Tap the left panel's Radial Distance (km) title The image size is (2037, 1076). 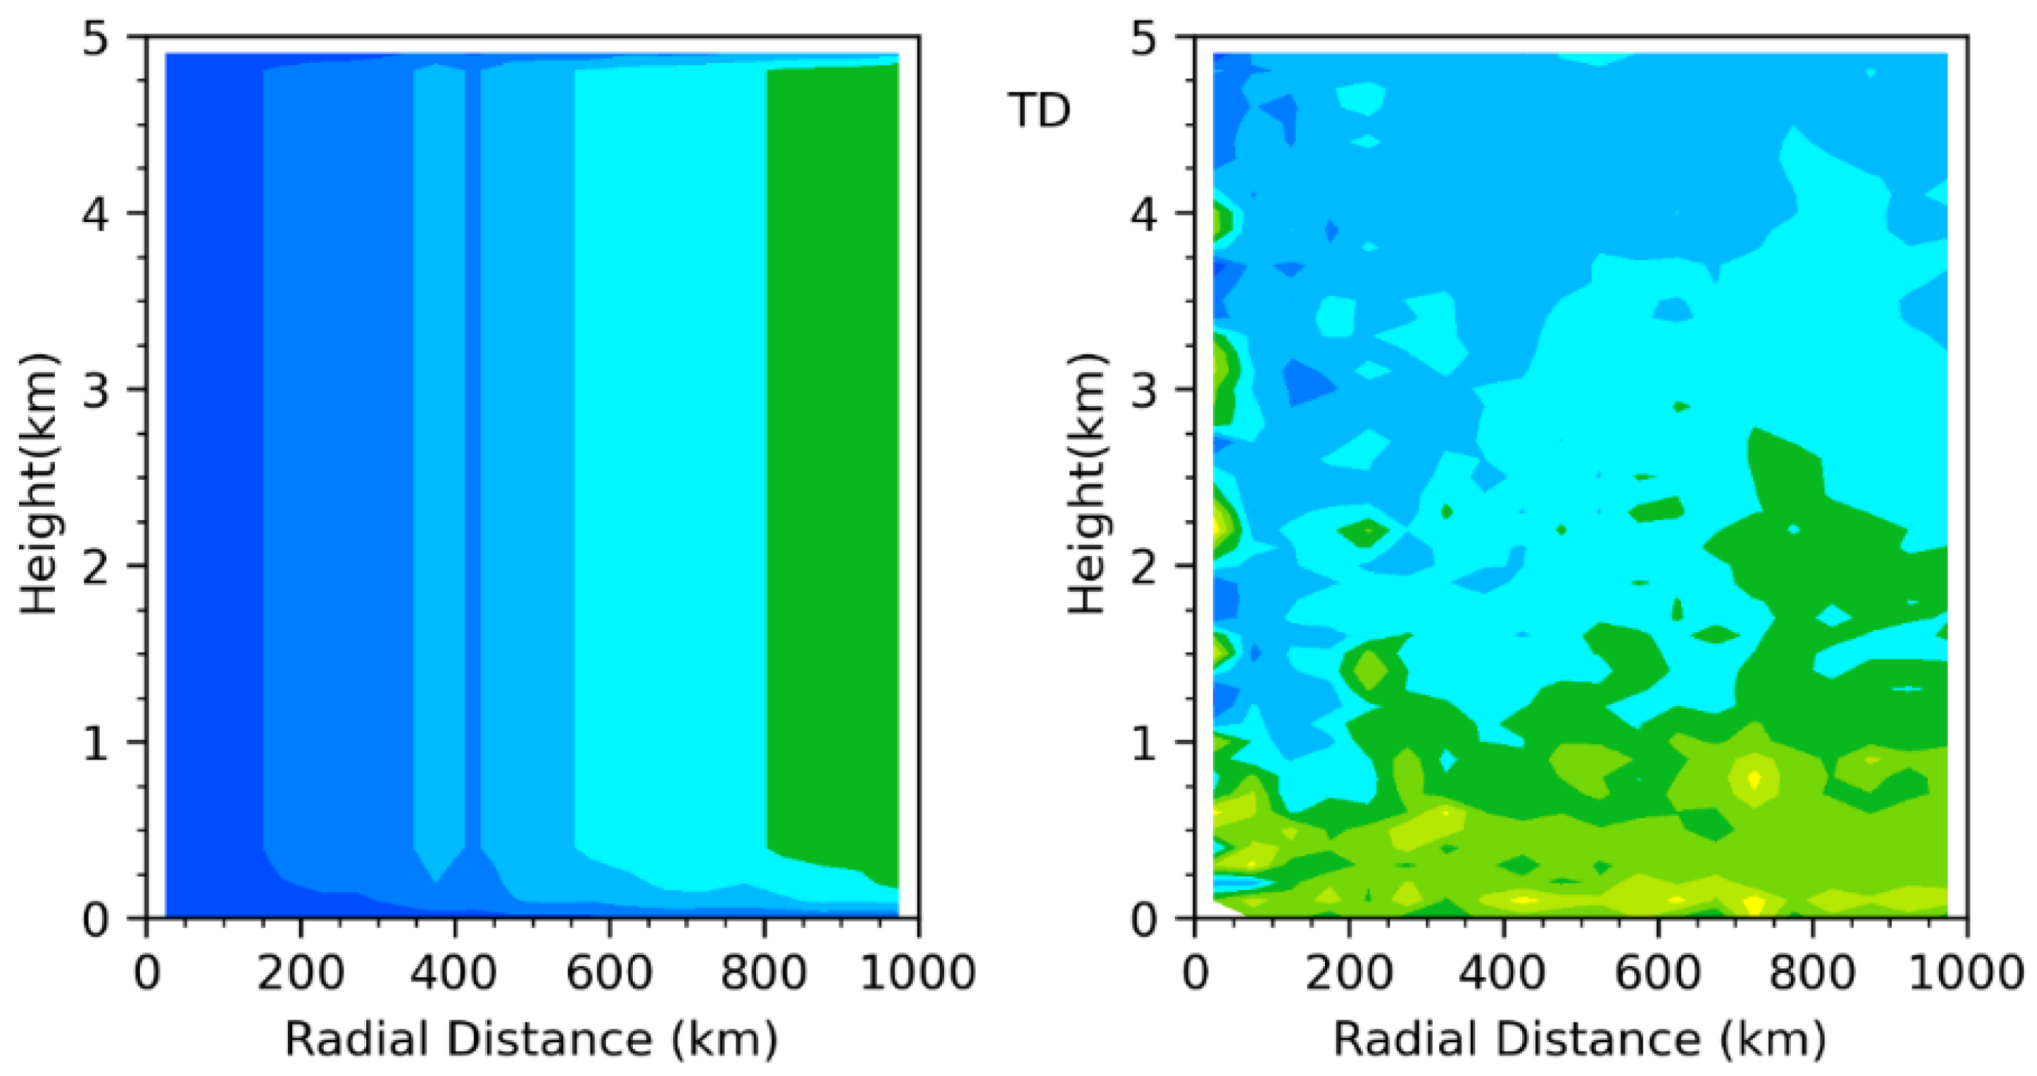tap(530, 1038)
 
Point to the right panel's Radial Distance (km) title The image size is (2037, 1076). tap(1579, 1038)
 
